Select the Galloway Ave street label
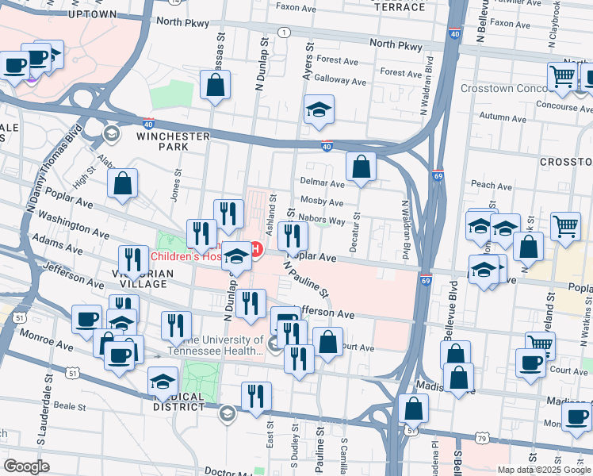tap(340, 81)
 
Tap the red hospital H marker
tap(255, 251)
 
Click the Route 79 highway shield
tap(482, 437)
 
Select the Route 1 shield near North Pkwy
tap(283, 32)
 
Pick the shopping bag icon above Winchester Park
tap(215, 85)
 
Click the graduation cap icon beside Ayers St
tap(319, 110)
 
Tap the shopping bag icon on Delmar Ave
tap(361, 167)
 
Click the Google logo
tap(26, 466)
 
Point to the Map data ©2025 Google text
tap(544, 470)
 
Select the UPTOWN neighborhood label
tap(98, 14)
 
